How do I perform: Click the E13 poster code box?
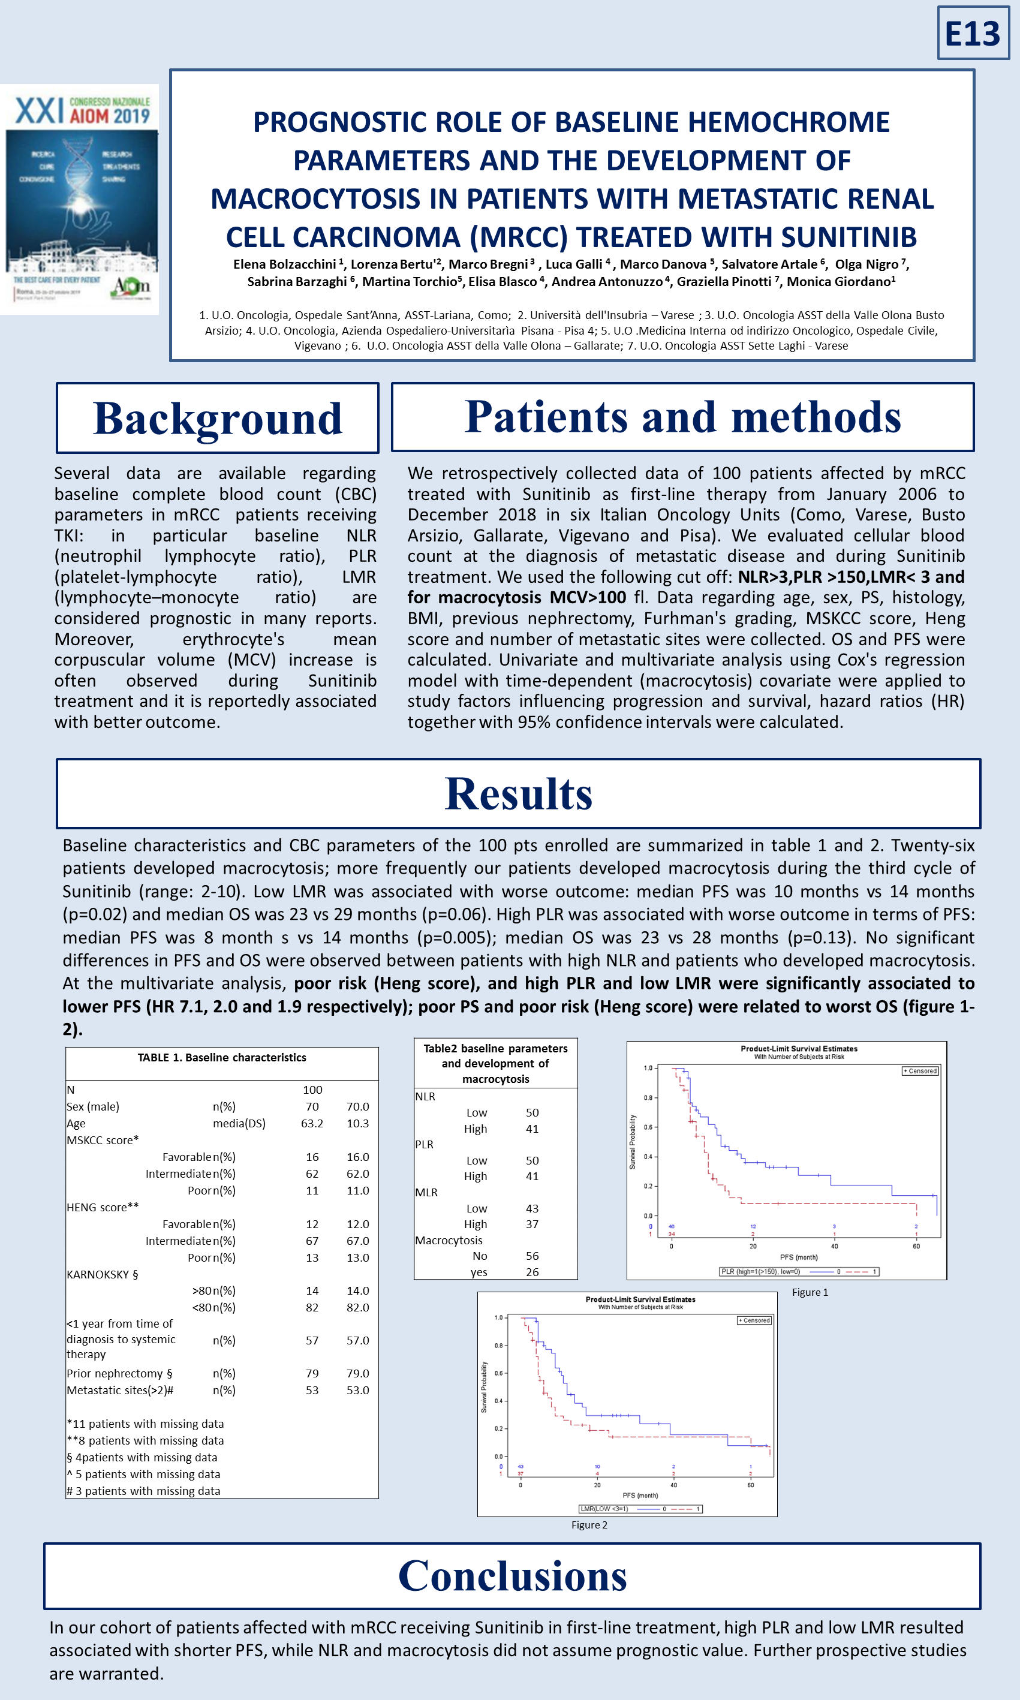click(x=973, y=33)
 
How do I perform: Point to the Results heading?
click(x=518, y=794)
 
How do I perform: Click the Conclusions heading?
click(x=512, y=1576)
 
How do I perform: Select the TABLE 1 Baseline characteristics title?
click(x=221, y=1058)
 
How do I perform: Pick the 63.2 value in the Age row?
click(x=312, y=1124)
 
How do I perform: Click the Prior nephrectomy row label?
click(x=119, y=1373)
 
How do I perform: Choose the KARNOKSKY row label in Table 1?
click(x=103, y=1274)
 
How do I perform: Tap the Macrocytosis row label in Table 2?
click(x=449, y=1240)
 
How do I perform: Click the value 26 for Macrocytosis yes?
click(x=532, y=1272)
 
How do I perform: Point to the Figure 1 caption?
click(x=810, y=1292)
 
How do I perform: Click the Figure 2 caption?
click(x=589, y=1525)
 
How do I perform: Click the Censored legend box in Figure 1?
click(x=920, y=1070)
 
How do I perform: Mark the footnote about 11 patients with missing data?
click(x=146, y=1424)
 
